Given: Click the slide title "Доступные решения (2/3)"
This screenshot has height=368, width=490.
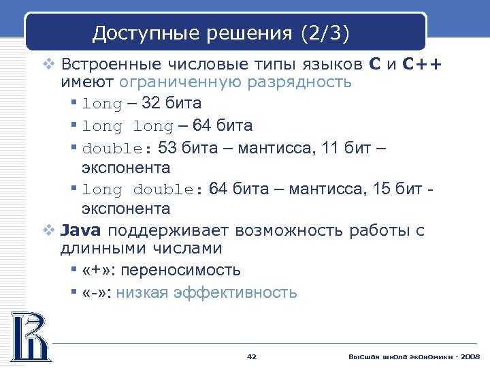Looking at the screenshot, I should [x=221, y=32].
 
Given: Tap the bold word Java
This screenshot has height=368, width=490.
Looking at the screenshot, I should [x=81, y=230].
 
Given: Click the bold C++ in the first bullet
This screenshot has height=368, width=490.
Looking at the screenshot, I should [x=421, y=65].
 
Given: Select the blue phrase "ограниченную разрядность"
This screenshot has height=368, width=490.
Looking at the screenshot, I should [x=235, y=82].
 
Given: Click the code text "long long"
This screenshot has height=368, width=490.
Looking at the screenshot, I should [x=127, y=126].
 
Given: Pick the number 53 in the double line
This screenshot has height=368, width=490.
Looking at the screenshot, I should [x=167, y=148].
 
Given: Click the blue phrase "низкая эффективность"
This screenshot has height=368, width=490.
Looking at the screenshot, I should [x=206, y=292].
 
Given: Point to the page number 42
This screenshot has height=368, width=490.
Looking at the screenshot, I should [x=251, y=357].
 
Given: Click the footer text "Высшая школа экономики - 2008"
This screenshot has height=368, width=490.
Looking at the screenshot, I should [x=414, y=357].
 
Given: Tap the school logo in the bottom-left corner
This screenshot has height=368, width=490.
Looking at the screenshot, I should [x=29, y=336].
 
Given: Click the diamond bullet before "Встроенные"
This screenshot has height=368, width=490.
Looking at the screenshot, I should [x=48, y=65].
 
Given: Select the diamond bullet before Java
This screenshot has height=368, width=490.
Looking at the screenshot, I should [x=48, y=231].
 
